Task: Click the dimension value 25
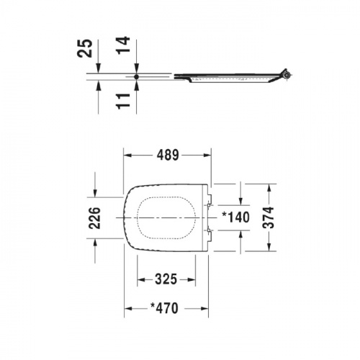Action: (84, 48)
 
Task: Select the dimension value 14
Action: (123, 45)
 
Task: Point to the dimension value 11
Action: (123, 101)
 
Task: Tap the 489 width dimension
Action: (168, 155)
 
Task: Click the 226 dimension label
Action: (94, 218)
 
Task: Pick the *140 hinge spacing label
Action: (236, 217)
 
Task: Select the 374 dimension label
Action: (269, 217)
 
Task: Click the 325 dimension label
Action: (166, 279)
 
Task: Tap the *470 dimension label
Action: (164, 308)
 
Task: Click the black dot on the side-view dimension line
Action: (136, 77)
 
